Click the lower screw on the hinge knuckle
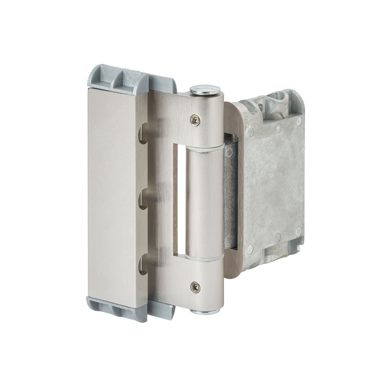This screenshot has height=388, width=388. pos(195,287)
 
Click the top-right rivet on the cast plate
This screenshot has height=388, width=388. pos(298,121)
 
